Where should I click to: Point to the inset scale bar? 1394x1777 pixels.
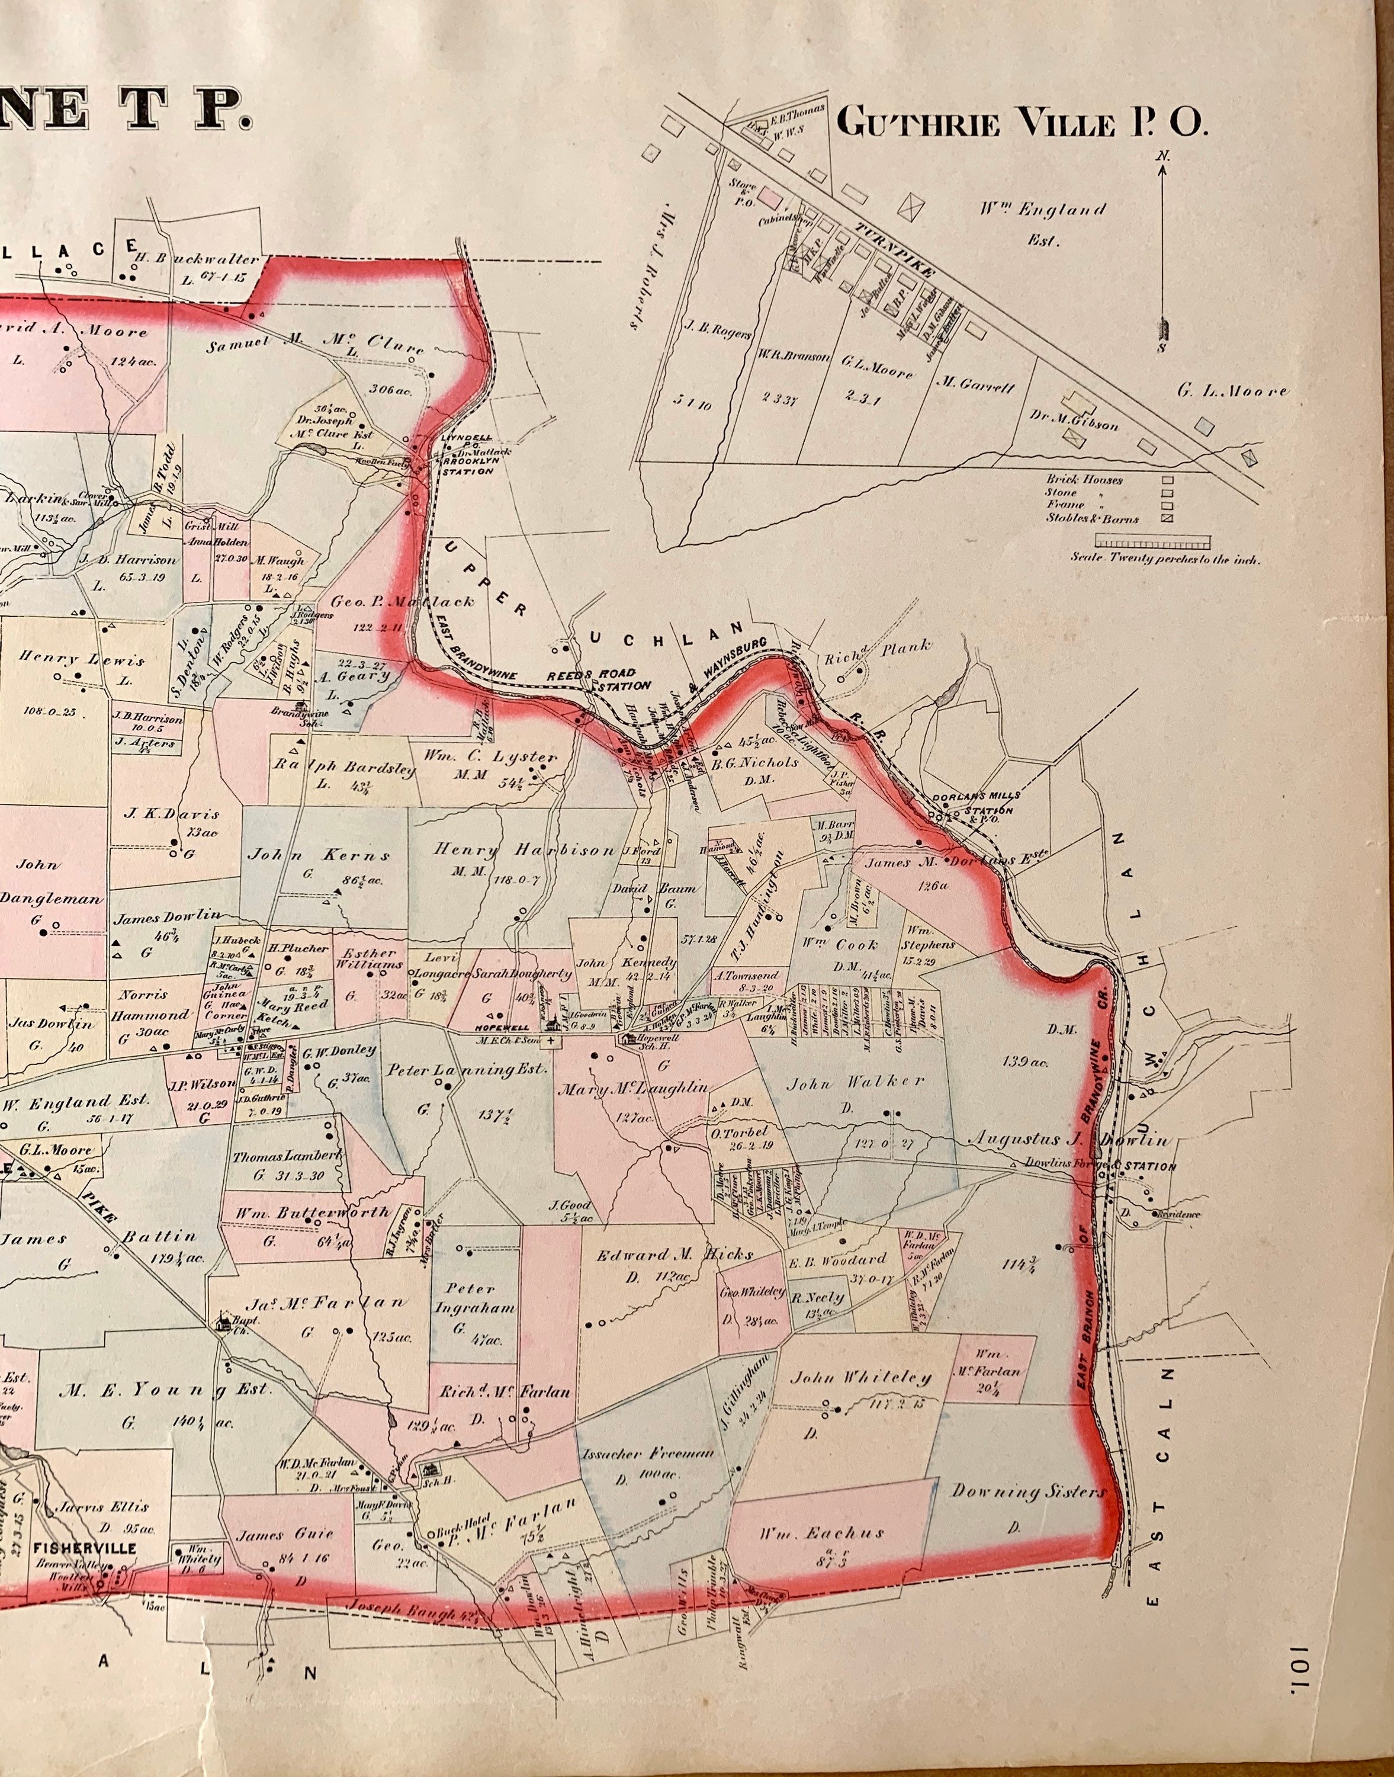(1152, 541)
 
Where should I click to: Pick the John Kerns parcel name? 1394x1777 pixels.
(319, 855)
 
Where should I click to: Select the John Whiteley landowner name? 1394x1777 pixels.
(860, 1378)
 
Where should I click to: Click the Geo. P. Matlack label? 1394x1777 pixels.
(402, 602)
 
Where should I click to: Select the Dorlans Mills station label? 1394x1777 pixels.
(978, 803)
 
